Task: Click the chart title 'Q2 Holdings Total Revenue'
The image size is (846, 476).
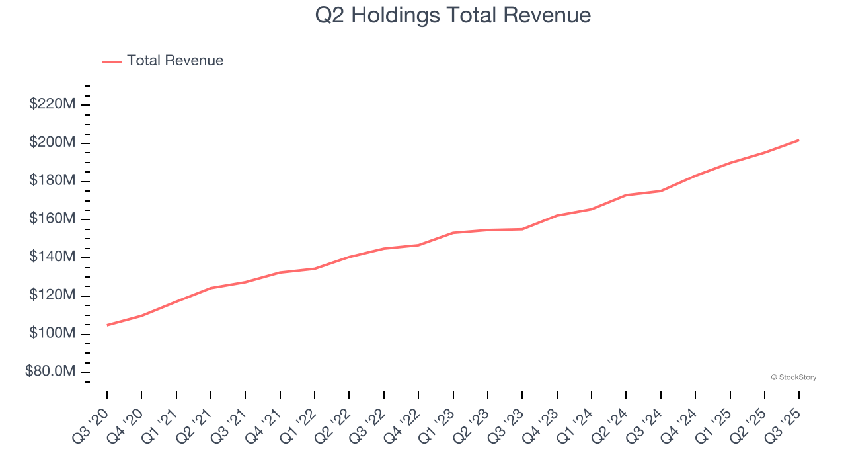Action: click(453, 15)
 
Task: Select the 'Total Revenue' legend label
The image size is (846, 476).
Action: click(175, 61)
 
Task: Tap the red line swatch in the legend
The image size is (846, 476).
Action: click(112, 61)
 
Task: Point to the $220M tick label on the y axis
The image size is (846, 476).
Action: click(52, 104)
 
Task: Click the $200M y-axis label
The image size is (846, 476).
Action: click(52, 143)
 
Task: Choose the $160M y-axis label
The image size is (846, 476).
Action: click(52, 219)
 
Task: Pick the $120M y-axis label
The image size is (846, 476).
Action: click(52, 296)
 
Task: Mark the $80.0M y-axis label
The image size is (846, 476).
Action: click(50, 372)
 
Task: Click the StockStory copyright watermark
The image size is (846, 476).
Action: click(793, 377)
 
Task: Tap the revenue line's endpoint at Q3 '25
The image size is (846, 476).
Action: click(799, 140)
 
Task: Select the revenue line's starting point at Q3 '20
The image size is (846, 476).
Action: click(107, 325)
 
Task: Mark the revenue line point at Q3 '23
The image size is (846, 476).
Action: click(522, 229)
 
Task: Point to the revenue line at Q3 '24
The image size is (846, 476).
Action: click(661, 191)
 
